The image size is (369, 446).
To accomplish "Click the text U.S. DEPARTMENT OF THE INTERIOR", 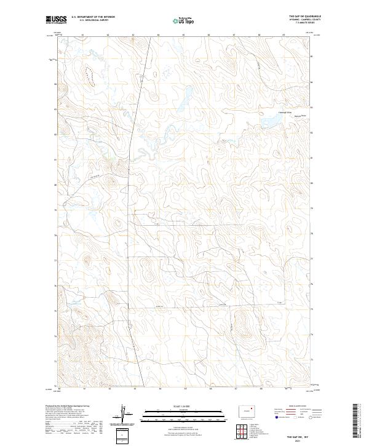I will pos(93,17).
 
